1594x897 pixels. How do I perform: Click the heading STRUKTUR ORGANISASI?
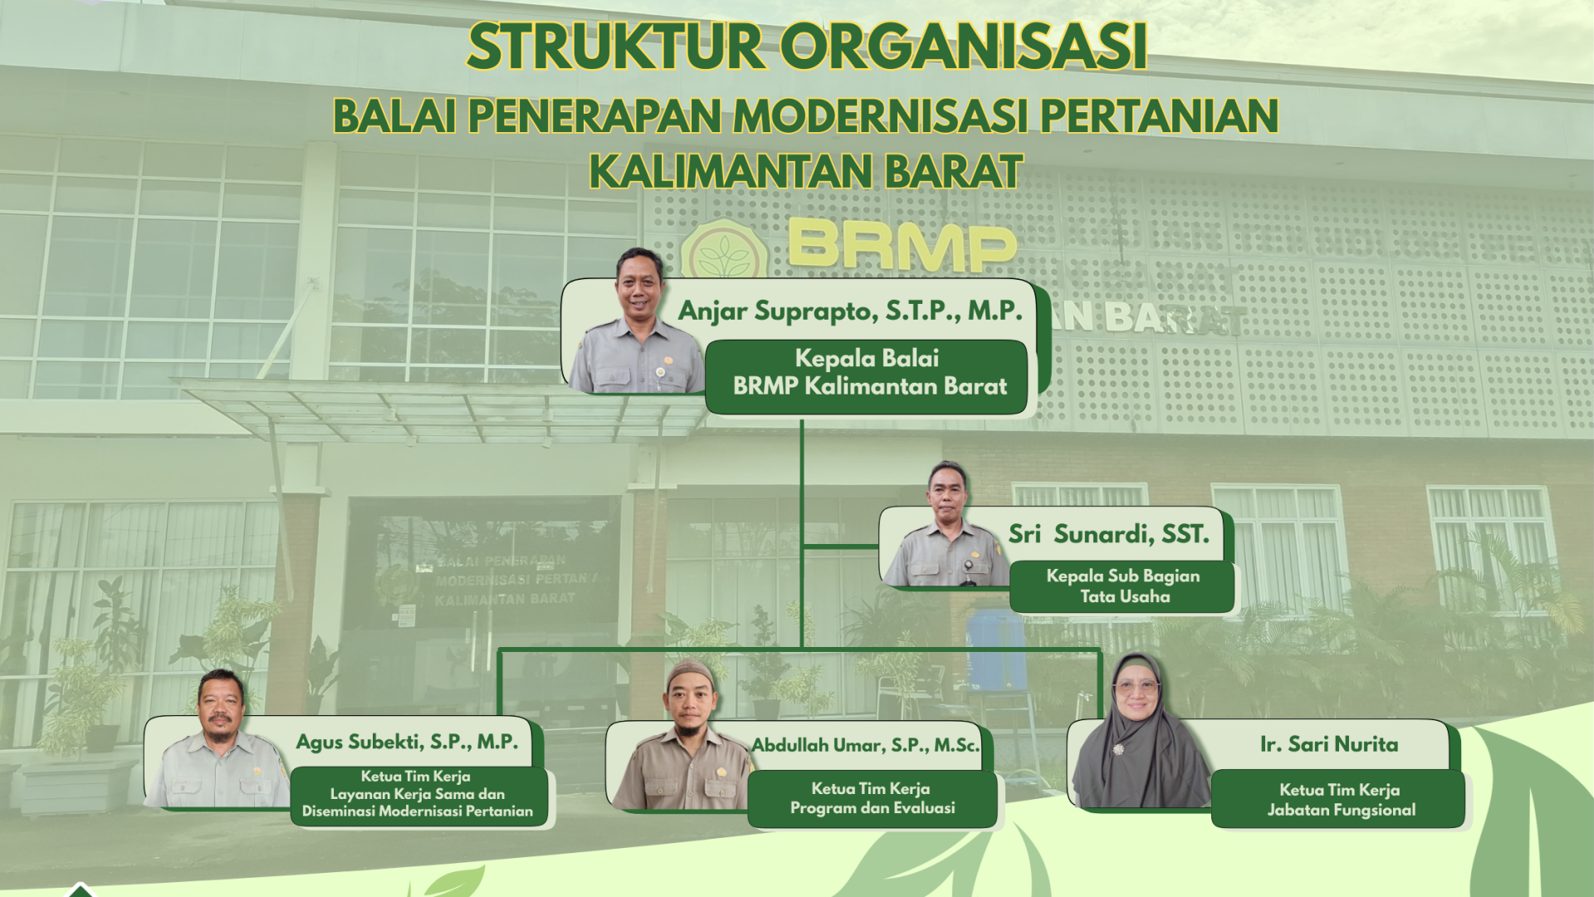coord(807,47)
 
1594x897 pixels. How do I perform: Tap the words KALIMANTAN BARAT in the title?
coord(805,172)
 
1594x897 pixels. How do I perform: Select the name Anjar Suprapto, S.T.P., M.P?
coord(850,311)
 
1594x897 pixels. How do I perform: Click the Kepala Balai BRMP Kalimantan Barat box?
coord(867,376)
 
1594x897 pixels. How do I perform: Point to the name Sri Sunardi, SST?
coord(1108,534)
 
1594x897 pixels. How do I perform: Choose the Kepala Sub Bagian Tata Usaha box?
coord(1122,586)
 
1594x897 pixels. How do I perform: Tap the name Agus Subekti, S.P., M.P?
coord(407,742)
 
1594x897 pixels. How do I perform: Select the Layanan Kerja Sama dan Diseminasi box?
coord(418,796)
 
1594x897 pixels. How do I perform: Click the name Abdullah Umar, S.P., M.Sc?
coord(866,746)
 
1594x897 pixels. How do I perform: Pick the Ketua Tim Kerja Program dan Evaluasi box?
coord(872,799)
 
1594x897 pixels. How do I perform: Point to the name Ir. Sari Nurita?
coord(1328,744)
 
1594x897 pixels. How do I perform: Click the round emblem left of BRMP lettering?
coord(724,249)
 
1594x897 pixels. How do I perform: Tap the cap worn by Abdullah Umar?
coord(689,671)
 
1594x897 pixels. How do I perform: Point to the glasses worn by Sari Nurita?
coord(1137,688)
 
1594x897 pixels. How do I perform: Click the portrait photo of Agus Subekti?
coord(218,739)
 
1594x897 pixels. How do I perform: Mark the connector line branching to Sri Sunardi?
coord(840,547)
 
